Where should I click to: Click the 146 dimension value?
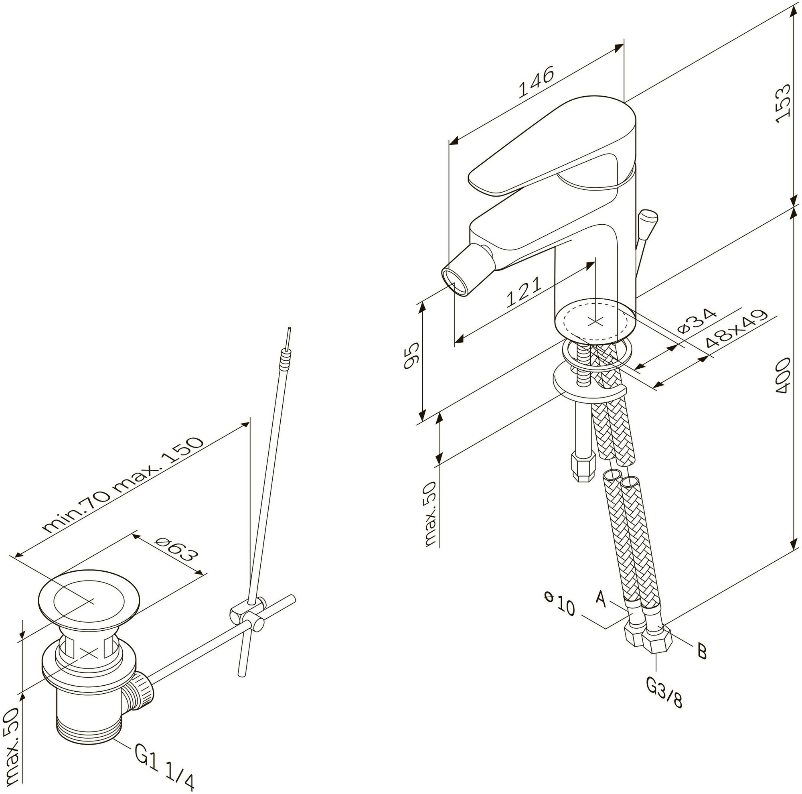pyautogui.click(x=536, y=82)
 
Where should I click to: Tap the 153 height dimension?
pyautogui.click(x=783, y=104)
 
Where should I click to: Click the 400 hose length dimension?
pyautogui.click(x=783, y=376)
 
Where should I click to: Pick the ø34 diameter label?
pyautogui.click(x=697, y=321)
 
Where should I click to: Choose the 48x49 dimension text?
pyautogui.click(x=735, y=329)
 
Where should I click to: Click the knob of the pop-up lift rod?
pyautogui.click(x=648, y=217)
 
